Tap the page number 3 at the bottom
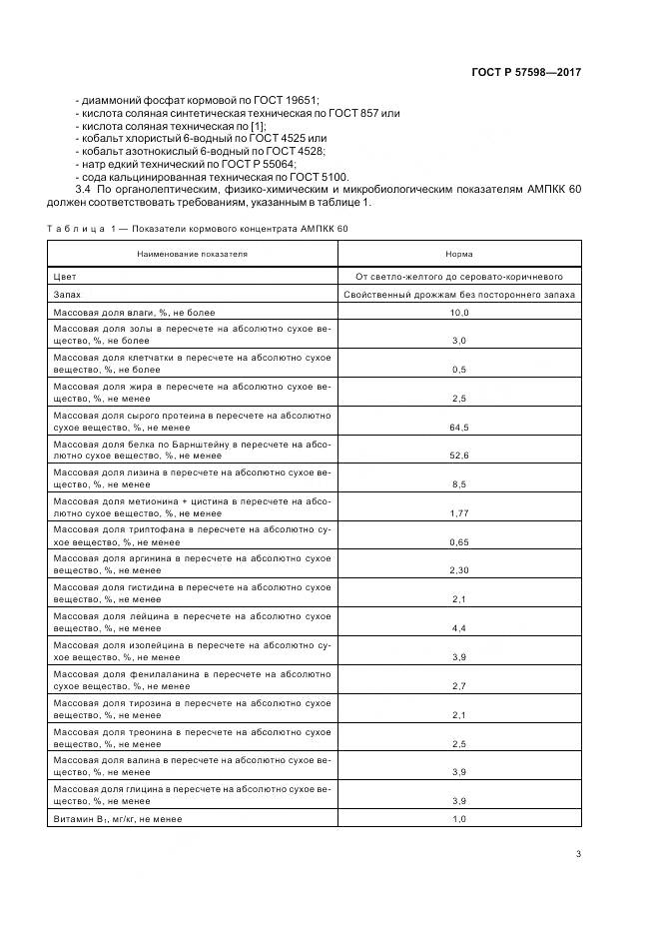click(x=579, y=853)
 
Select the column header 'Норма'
click(x=459, y=254)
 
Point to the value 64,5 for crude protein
click(x=459, y=427)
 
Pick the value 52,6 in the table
click(x=459, y=455)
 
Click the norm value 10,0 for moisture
click(x=459, y=314)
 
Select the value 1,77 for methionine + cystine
click(x=459, y=512)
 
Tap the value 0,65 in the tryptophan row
click(x=459, y=541)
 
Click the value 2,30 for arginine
click(x=459, y=569)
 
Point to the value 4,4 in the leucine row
click(x=459, y=627)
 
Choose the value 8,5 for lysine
click(x=459, y=483)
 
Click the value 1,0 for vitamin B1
click(x=459, y=819)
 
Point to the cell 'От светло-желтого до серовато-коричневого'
click(x=459, y=276)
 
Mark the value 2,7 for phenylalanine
click(x=459, y=685)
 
